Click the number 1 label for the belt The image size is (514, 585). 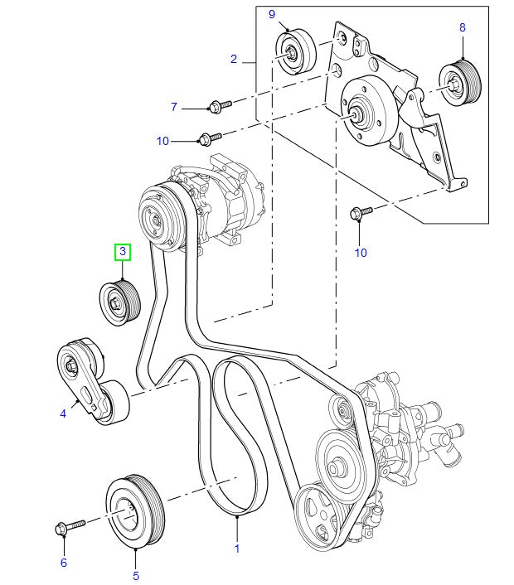236,549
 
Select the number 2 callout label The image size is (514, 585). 234,59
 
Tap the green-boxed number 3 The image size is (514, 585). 122,251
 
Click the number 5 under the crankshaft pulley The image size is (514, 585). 137,573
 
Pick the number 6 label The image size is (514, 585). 63,563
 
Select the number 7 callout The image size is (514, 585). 174,107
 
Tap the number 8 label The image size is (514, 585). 463,27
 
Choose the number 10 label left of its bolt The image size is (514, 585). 162,141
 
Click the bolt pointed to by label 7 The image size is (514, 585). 218,104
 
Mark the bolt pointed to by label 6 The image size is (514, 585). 70,527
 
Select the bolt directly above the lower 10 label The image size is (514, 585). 361,214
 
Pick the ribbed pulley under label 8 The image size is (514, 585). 457,81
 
